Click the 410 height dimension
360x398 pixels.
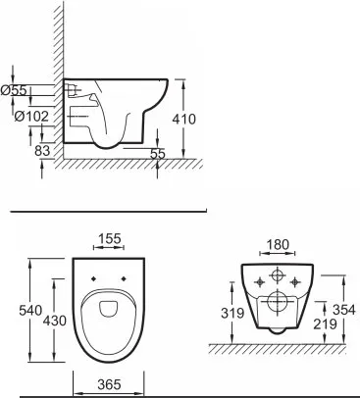click(x=184, y=119)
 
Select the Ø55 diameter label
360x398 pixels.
click(x=14, y=90)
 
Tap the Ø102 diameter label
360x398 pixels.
click(x=31, y=116)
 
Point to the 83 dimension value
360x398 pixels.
click(x=42, y=151)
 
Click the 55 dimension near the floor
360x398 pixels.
click(x=158, y=154)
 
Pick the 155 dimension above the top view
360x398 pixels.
click(x=109, y=238)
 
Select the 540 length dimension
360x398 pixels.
click(x=30, y=310)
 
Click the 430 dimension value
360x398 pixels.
click(x=55, y=321)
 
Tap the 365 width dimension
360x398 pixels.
click(x=109, y=384)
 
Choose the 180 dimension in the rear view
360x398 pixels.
click(x=278, y=244)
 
